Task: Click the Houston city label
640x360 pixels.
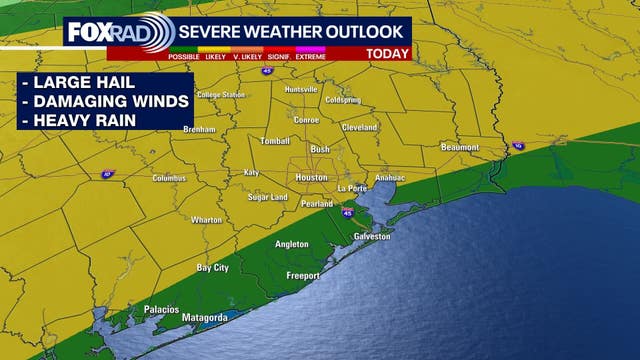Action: (311, 177)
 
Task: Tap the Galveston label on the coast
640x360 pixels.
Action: (372, 236)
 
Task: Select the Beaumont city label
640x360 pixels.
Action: (461, 147)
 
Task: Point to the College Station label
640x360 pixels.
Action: (221, 95)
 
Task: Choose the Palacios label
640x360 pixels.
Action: (161, 309)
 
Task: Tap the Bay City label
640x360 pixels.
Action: (213, 268)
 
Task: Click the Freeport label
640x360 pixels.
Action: (302, 275)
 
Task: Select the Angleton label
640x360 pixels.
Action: (293, 244)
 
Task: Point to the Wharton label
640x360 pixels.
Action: (207, 220)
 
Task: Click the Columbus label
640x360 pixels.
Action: (169, 178)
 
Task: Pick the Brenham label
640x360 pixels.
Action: (200, 130)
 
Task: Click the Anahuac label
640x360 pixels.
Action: (389, 178)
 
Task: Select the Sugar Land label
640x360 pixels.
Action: (268, 197)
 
